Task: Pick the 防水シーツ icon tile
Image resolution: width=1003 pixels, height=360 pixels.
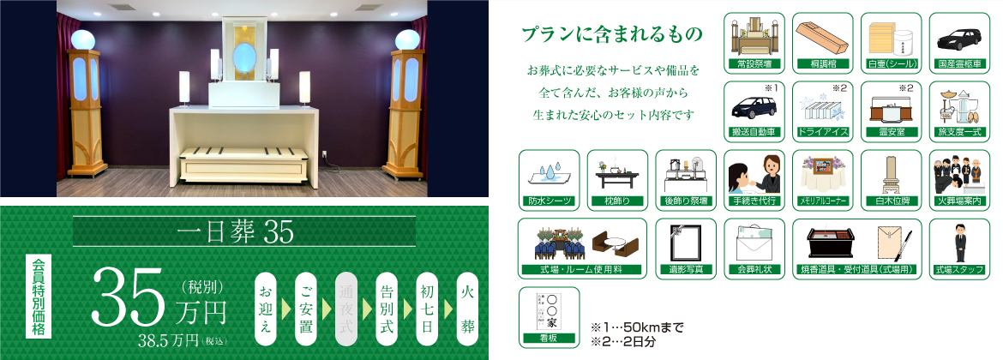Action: (549, 180)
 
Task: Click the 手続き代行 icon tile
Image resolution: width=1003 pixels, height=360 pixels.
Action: (754, 180)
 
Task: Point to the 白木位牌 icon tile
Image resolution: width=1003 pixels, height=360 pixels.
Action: (891, 180)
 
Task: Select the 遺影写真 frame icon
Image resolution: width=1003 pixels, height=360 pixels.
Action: (686, 249)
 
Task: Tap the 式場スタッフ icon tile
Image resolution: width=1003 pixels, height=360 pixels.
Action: (959, 249)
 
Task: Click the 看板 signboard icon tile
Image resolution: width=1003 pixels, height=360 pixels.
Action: (549, 317)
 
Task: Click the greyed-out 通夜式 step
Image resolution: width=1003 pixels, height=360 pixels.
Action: (349, 309)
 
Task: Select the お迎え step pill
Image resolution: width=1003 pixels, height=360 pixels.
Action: (268, 309)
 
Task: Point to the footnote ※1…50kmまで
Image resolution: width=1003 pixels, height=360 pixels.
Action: (637, 328)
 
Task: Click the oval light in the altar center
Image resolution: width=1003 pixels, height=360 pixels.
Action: (243, 57)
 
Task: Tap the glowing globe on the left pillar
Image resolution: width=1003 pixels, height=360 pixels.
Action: (82, 39)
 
